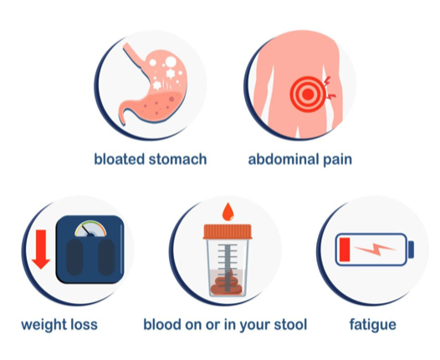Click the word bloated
coord(120,159)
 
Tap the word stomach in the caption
coord(177,159)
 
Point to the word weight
coord(44,325)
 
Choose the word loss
coord(84,324)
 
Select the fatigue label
coord(372,325)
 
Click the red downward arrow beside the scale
coord(41,249)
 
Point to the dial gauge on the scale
coord(90,229)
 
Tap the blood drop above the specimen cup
coord(228,212)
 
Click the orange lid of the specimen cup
coord(228,232)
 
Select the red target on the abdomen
coord(308,95)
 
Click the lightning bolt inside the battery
coord(375,249)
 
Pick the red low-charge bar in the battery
coord(345,249)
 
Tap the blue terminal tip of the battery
coord(411,249)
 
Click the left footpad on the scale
coord(74,257)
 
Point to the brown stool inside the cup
coord(227,284)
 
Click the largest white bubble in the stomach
coord(171,61)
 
